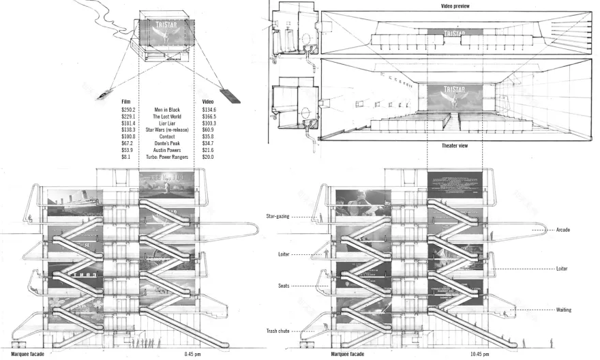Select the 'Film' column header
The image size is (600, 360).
pyautogui.click(x=125, y=102)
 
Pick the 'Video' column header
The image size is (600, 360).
pyautogui.click(x=209, y=102)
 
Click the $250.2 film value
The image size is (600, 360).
pyautogui.click(x=128, y=110)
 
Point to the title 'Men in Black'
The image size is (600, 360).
pyautogui.click(x=167, y=110)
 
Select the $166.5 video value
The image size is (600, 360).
pyautogui.click(x=209, y=117)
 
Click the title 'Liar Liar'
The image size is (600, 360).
pyautogui.click(x=167, y=123)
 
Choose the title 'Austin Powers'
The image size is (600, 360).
pyautogui.click(x=167, y=150)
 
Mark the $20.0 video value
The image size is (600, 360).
pyautogui.click(x=208, y=157)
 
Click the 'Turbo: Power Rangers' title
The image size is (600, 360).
pyautogui.click(x=167, y=157)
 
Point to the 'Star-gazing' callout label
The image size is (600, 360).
pyautogui.click(x=277, y=216)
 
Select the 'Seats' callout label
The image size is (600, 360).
pyautogui.click(x=284, y=286)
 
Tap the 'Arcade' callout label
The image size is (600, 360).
pyautogui.click(x=563, y=230)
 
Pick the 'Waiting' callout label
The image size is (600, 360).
pyautogui.click(x=563, y=310)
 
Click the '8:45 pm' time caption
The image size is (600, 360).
pyautogui.click(x=193, y=355)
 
